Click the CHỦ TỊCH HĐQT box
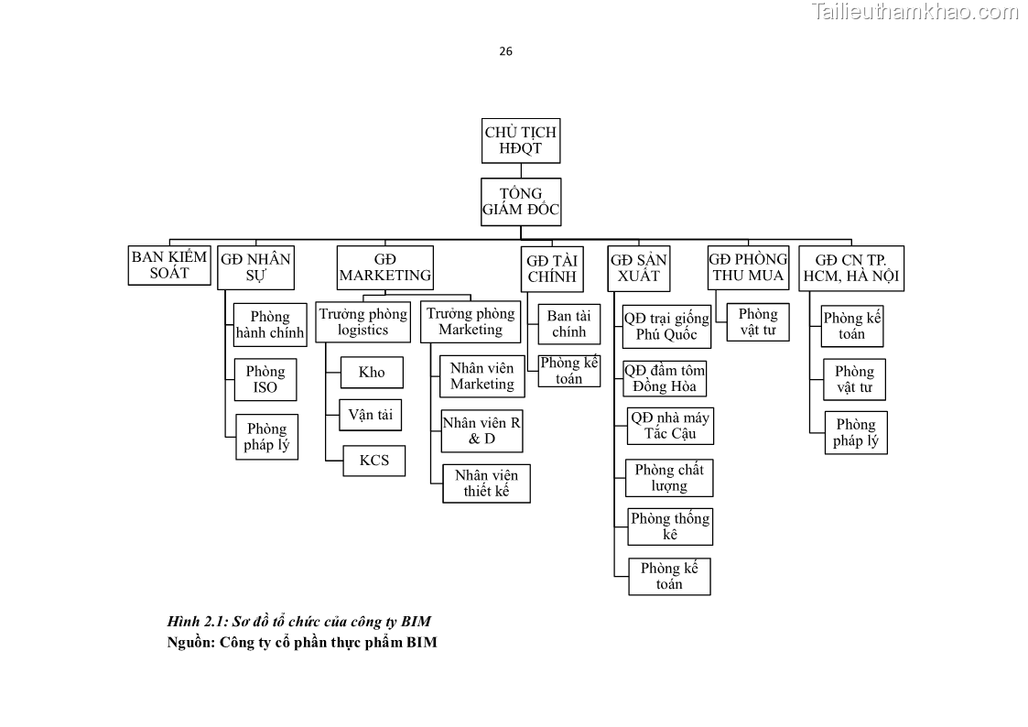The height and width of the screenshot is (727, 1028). point(520,141)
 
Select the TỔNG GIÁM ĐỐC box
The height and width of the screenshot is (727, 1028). point(520,201)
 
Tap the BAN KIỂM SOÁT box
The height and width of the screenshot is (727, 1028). point(169,265)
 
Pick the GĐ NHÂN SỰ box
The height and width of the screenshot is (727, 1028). point(255,267)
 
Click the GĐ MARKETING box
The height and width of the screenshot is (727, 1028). point(384,267)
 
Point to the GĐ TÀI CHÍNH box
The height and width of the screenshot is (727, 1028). point(551,268)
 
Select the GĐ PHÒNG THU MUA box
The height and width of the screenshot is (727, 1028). point(748,267)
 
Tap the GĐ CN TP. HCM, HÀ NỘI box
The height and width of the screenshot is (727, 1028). point(850,267)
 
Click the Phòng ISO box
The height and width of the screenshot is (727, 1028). point(265,379)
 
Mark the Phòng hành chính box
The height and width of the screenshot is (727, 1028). point(269,325)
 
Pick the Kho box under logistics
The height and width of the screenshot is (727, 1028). point(372,372)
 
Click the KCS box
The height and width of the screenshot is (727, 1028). point(373,460)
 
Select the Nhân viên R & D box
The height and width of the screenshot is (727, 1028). point(482,430)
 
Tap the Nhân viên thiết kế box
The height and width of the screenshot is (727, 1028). point(486,483)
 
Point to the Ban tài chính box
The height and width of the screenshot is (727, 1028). point(568,324)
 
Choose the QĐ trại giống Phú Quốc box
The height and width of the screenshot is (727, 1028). point(666,326)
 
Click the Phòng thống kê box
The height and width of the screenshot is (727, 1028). point(670,526)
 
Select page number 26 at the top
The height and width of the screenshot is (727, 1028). point(505,51)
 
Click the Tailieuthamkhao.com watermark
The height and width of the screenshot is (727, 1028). point(914,12)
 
